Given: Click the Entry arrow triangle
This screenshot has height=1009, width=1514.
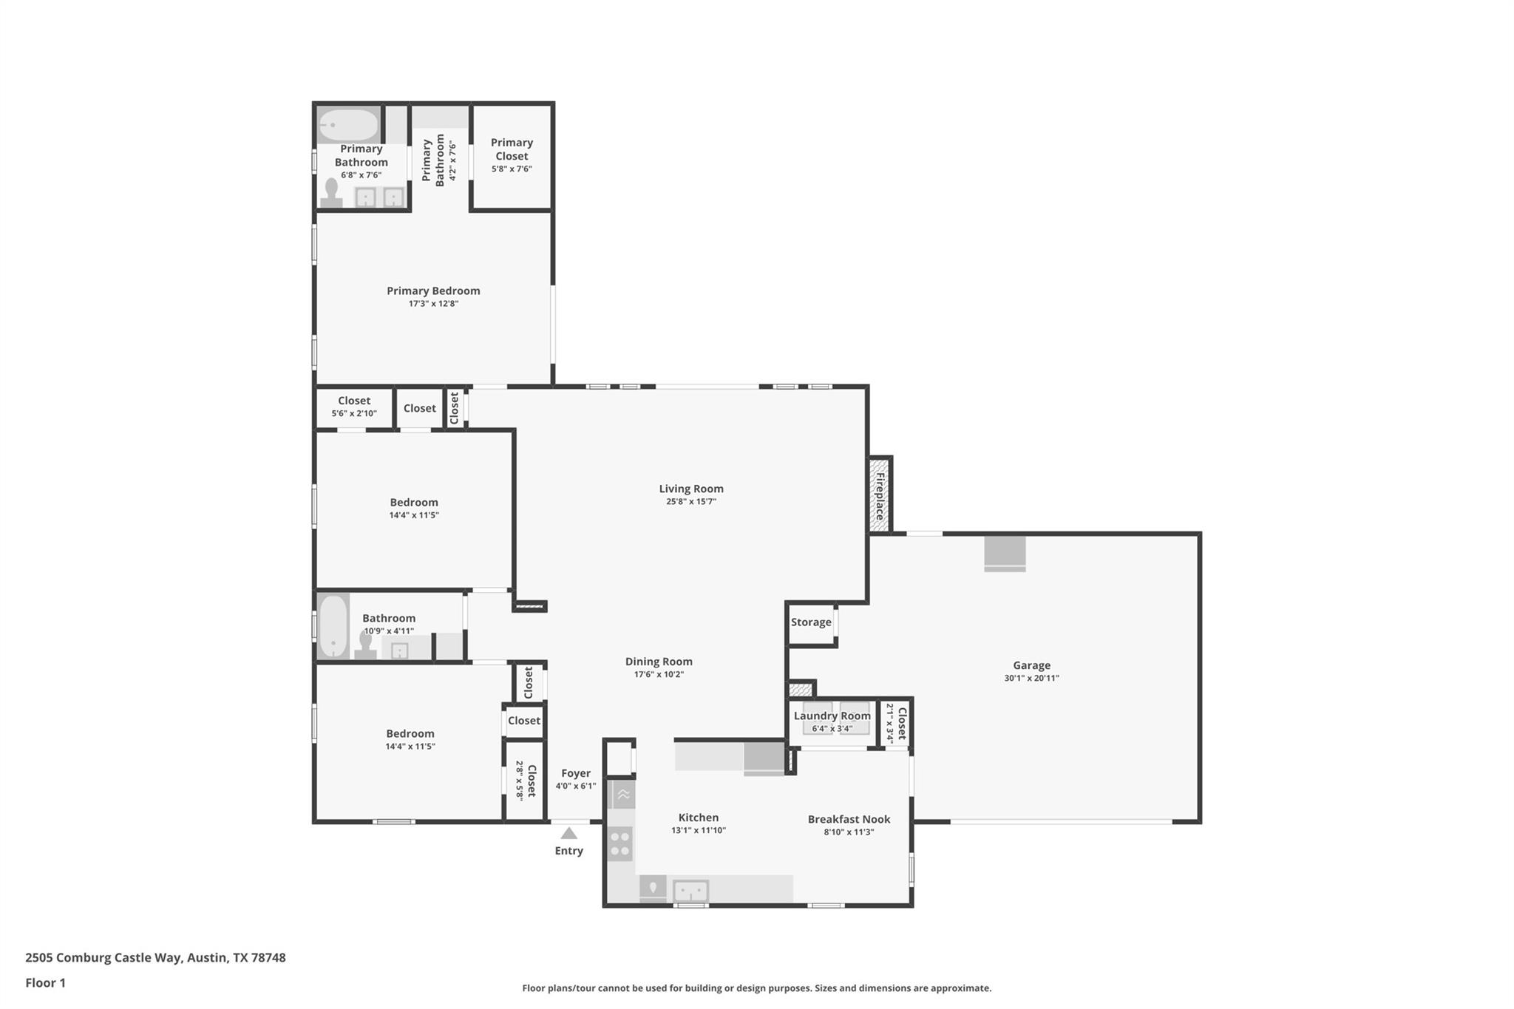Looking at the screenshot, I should pyautogui.click(x=568, y=833).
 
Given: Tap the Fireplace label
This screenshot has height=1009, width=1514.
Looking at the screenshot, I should pyautogui.click(x=880, y=496).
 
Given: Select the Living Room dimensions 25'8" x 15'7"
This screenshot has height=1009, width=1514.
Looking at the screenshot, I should pyautogui.click(x=690, y=502).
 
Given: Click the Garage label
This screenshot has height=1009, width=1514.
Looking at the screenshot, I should pyautogui.click(x=1031, y=665).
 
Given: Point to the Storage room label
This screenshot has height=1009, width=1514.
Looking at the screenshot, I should pyautogui.click(x=811, y=622).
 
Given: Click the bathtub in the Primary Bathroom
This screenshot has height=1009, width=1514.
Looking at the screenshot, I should pyautogui.click(x=348, y=125).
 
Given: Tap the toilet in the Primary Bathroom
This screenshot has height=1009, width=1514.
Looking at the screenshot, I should pyautogui.click(x=331, y=193).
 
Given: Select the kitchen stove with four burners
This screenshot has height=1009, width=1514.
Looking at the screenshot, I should pyautogui.click(x=620, y=843).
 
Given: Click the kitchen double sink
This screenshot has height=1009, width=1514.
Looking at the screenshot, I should pyautogui.click(x=690, y=890).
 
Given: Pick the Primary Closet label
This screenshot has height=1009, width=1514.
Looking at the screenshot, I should pyautogui.click(x=512, y=149).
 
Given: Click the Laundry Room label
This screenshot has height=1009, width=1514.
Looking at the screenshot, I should pyautogui.click(x=832, y=716).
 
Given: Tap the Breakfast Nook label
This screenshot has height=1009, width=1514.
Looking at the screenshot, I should pyautogui.click(x=849, y=819).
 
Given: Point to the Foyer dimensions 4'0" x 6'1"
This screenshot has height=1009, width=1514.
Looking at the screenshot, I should pyautogui.click(x=575, y=787).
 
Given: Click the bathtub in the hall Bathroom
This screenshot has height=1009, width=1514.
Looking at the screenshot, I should pyautogui.click(x=333, y=626).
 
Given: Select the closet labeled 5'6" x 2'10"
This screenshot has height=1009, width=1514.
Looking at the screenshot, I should pyautogui.click(x=354, y=407).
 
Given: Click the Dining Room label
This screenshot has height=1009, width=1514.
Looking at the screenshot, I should pyautogui.click(x=659, y=662).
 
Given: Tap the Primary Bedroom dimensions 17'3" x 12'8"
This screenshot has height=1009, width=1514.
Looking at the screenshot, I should pyautogui.click(x=433, y=304).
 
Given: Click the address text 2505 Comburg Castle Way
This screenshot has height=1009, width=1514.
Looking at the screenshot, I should pyautogui.click(x=103, y=957).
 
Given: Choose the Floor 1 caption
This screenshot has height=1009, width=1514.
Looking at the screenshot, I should pyautogui.click(x=45, y=982).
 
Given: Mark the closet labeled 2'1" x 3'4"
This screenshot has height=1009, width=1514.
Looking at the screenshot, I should pyautogui.click(x=896, y=723).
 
